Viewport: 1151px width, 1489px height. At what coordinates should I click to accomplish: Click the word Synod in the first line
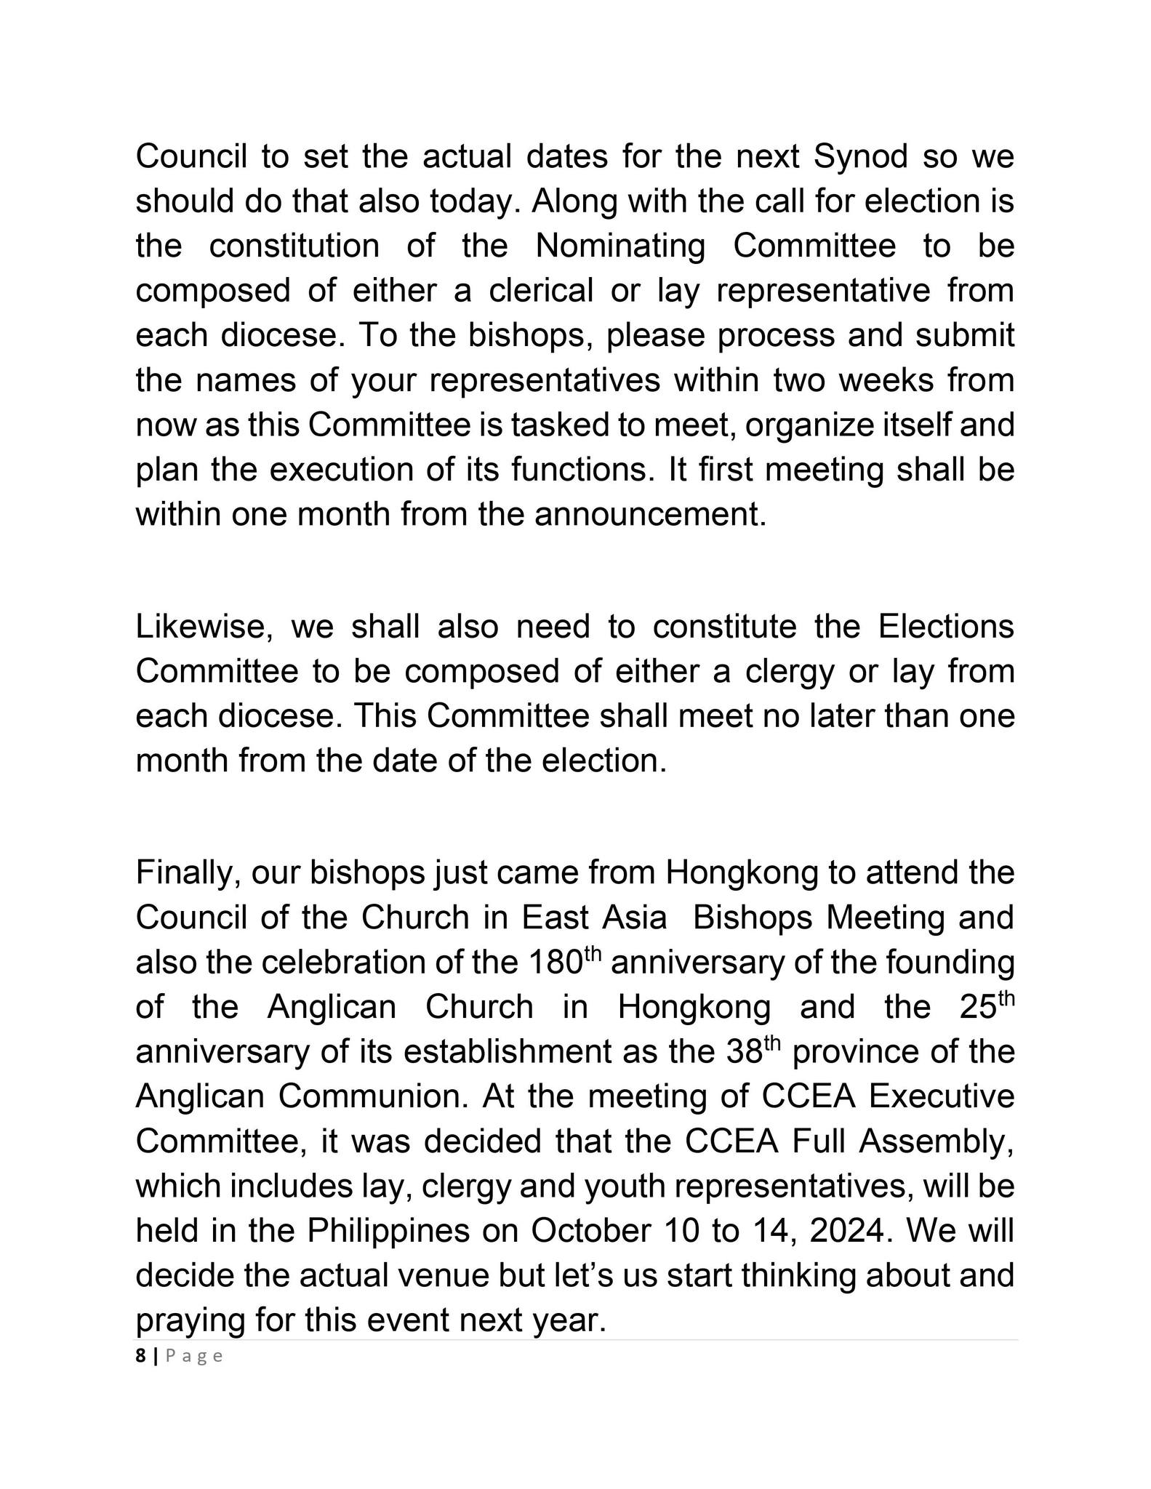click(860, 157)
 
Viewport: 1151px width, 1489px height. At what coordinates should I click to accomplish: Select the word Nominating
click(620, 246)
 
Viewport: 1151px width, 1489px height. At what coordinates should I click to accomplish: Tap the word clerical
click(541, 291)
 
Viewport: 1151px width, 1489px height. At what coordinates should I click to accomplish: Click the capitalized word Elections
click(946, 627)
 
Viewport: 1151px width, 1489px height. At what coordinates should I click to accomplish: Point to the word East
click(556, 918)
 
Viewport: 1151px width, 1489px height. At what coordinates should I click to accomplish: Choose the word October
click(590, 1231)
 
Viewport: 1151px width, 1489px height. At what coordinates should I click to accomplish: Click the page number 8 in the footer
click(140, 1356)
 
